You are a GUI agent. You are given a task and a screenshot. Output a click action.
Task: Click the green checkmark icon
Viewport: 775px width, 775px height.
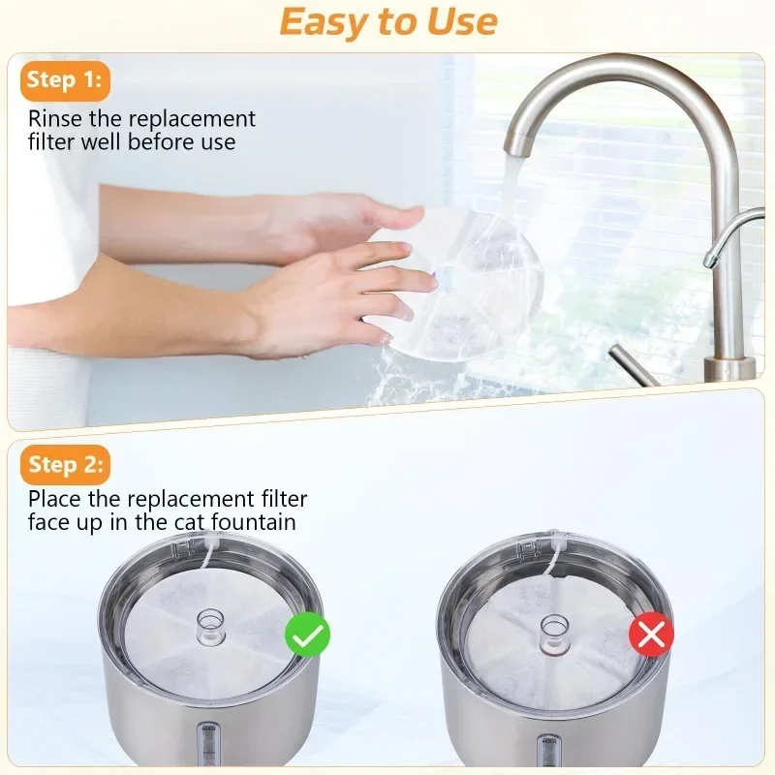[307, 635]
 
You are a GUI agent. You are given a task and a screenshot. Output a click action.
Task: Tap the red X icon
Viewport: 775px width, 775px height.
[651, 635]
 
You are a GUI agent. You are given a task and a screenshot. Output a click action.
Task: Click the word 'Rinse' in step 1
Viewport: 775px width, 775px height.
[55, 118]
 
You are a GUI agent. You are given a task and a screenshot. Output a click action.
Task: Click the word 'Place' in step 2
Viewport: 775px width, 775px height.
[54, 499]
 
